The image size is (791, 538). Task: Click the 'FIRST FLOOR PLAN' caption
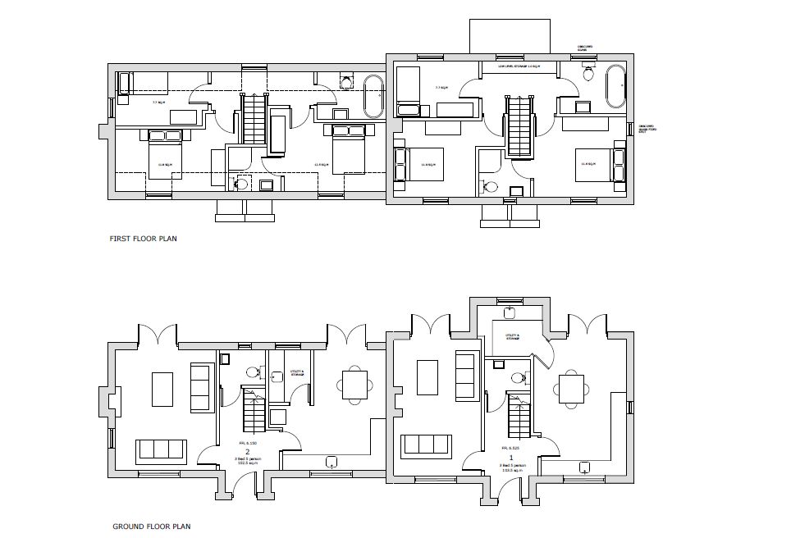point(144,239)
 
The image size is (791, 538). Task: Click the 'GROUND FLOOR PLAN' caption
point(152,527)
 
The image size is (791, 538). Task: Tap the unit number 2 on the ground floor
point(247,450)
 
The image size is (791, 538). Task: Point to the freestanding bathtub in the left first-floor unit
point(373,96)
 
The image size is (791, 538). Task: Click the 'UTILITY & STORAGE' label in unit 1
point(514,336)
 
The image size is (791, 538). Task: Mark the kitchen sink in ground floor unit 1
point(583,467)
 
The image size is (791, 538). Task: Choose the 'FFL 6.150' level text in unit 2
point(248,442)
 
